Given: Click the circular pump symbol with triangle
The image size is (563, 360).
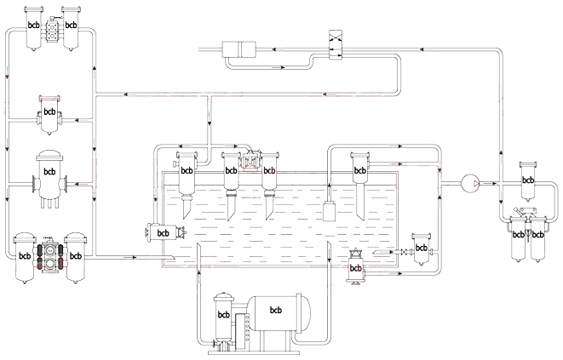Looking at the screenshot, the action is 470,184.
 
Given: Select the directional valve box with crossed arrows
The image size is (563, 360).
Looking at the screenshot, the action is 336,45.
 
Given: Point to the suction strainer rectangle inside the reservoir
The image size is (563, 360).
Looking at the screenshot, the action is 329,211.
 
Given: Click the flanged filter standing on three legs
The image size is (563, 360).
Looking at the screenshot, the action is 49,179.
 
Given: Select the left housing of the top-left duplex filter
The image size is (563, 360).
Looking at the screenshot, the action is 34,29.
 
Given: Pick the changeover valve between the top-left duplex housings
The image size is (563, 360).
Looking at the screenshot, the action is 53,30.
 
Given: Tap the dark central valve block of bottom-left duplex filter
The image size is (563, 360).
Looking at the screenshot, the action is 50,254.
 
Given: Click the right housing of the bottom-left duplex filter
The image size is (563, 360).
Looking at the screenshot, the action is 76,258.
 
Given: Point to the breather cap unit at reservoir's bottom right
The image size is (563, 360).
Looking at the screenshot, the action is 355,266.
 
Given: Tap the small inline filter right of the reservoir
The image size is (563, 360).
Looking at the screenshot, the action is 421,249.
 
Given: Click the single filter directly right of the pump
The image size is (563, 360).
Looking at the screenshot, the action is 528,181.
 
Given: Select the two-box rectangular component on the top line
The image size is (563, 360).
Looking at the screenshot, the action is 238,49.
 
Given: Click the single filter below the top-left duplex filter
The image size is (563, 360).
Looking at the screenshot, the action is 49,115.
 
